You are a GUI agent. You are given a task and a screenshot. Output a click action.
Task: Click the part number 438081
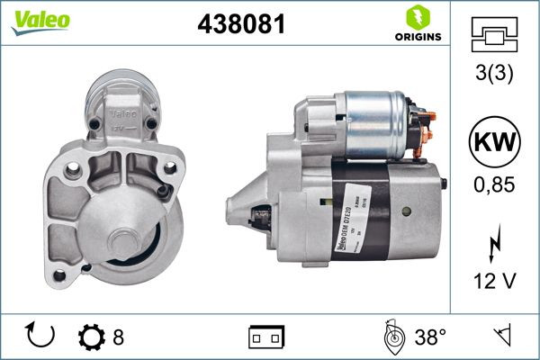pos(240,25)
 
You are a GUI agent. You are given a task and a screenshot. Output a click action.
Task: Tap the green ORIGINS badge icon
pos(417,17)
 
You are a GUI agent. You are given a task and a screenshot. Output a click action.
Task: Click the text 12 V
pos(494,281)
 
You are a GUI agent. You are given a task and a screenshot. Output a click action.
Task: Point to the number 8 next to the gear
pos(118,337)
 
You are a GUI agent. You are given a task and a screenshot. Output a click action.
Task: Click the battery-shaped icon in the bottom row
pos(266,337)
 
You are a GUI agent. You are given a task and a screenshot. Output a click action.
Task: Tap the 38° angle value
pos(430,337)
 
